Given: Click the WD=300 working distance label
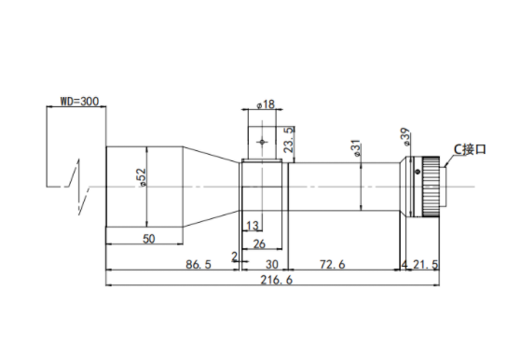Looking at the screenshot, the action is tap(79, 102).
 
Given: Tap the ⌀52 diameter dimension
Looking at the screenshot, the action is tap(142, 177).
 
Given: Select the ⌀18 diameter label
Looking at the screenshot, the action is tap(266, 104).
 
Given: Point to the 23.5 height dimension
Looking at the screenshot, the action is tap(289, 140).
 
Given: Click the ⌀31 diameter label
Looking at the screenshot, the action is tap(355, 148).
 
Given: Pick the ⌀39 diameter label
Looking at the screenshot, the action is tap(405, 137).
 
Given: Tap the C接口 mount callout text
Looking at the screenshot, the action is tap(470, 149).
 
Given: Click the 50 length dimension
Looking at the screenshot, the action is tap(149, 239).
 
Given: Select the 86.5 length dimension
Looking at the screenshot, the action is tap(199, 264).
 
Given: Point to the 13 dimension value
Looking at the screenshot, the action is tap(253, 225).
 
